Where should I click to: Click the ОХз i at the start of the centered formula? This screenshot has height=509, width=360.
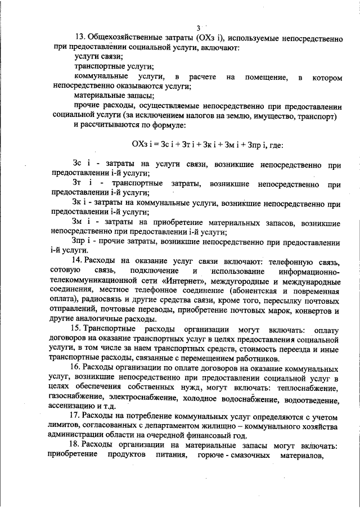click(142, 144)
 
